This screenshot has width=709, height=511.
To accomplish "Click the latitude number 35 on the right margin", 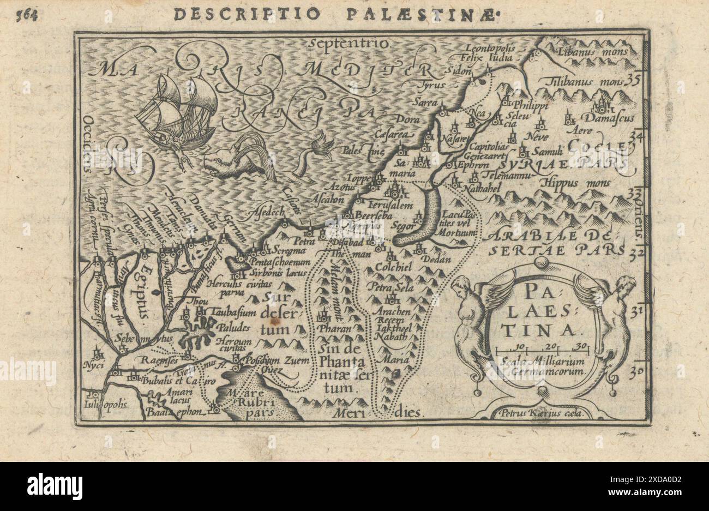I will click(633, 81).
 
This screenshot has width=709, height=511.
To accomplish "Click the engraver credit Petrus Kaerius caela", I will click(538, 413).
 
